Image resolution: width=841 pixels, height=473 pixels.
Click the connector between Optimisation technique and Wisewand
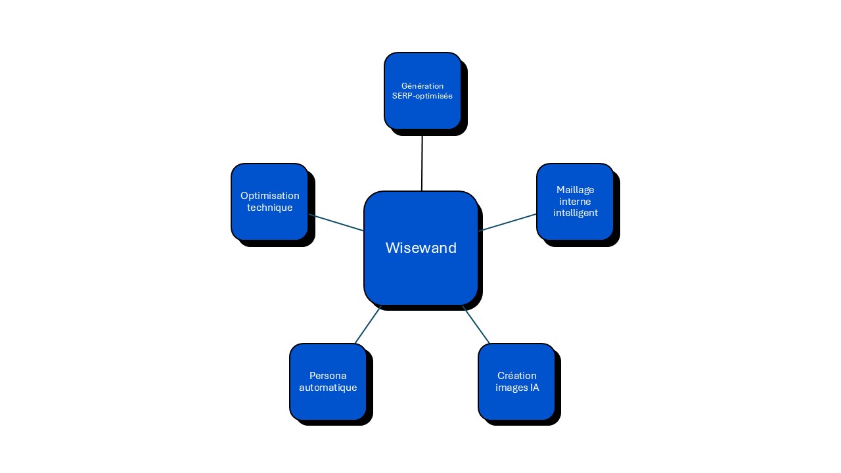336,223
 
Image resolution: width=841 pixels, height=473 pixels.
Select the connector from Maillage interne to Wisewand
507,222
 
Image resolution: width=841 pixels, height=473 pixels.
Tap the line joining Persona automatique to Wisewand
368,325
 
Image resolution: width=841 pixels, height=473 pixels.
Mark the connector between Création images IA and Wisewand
476,325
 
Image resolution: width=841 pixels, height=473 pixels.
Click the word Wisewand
420,248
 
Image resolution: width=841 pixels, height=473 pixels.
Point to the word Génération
422,86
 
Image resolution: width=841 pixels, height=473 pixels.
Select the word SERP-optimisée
422,96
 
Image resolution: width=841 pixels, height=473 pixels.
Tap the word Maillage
575,190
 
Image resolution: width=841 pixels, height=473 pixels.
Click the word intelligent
575,213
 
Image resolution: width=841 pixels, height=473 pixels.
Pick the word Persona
328,376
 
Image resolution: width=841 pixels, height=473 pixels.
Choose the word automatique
328,388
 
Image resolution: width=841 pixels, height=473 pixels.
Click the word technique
269,208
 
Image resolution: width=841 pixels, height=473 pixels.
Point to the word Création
516,376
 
